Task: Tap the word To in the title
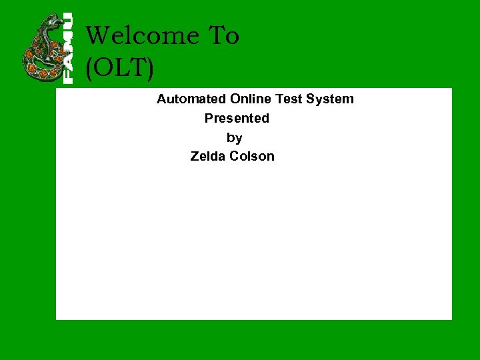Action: click(224, 36)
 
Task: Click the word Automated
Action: click(191, 99)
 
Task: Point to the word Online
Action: click(251, 99)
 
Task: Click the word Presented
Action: click(237, 119)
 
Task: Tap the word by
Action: click(234, 138)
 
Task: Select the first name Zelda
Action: click(208, 157)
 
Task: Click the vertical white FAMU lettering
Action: click(68, 48)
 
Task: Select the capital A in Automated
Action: click(162, 99)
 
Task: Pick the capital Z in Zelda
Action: click(195, 157)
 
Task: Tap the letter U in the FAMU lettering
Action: click(68, 21)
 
